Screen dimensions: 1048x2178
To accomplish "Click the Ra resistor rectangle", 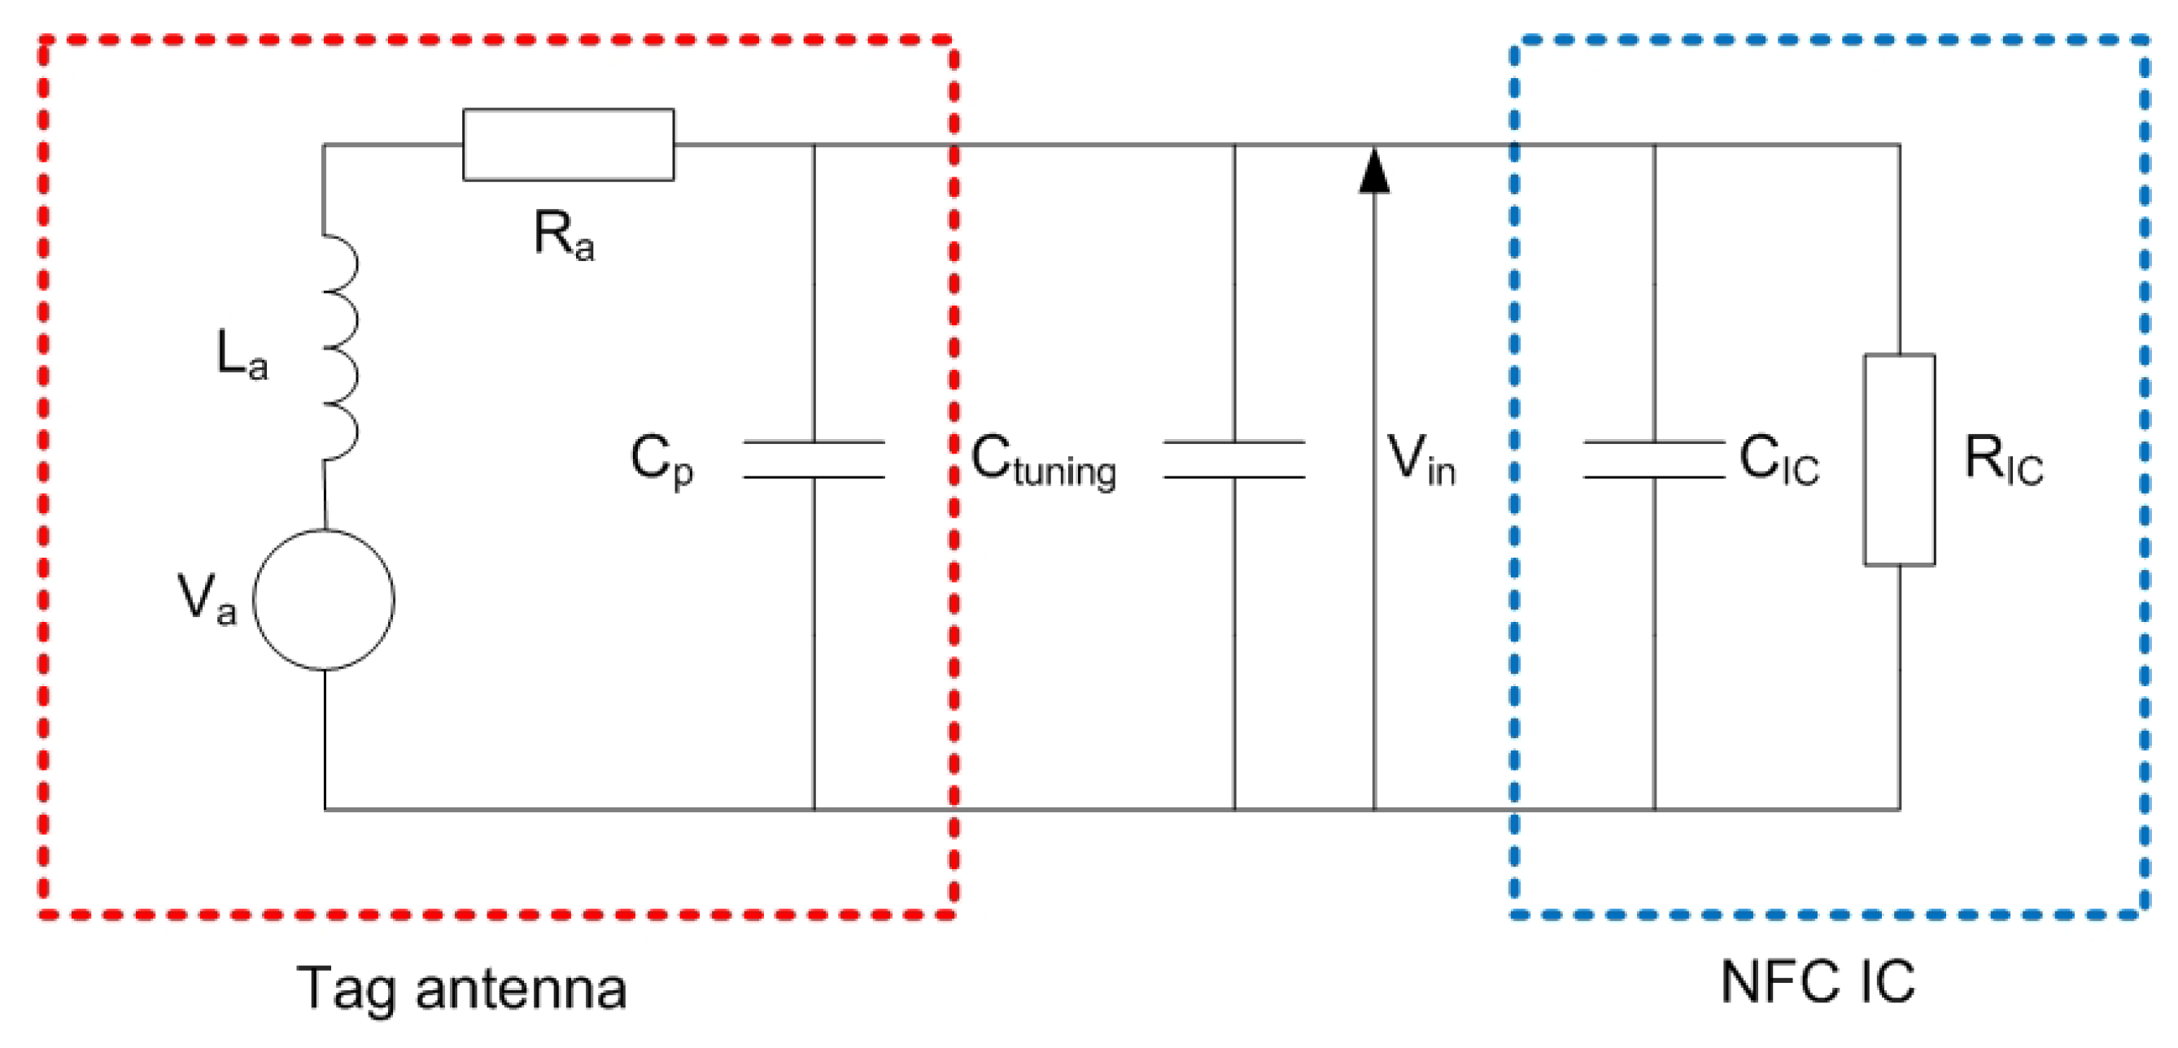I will coord(568,145).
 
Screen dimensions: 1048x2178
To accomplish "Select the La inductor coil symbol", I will coord(340,347).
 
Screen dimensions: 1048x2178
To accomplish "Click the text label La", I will coord(242,354).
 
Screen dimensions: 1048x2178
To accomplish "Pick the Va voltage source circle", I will coord(324,600).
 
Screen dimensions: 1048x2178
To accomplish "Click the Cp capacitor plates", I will coord(814,459).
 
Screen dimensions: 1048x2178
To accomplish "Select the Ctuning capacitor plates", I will coord(1233,459).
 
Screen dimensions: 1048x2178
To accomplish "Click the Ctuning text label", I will coord(1043,462).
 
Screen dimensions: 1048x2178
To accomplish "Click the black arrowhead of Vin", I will coord(1374,172).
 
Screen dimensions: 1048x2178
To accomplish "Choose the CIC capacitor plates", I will coord(1654,459).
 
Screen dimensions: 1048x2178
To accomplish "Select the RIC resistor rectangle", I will coord(1899,459).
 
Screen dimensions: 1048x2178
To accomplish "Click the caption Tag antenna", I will coord(461,987).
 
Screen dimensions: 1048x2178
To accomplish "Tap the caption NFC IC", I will coord(1818,982).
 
